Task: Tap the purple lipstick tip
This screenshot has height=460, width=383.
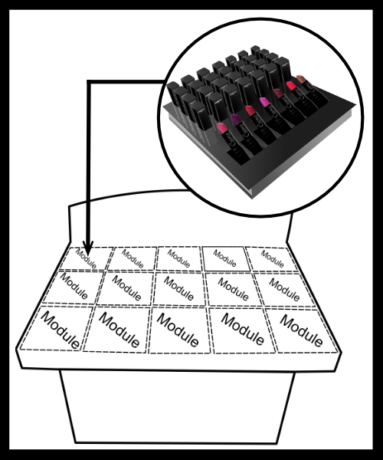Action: (x=235, y=119)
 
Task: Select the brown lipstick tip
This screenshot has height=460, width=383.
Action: (x=301, y=78)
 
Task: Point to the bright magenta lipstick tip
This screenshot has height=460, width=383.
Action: (x=265, y=102)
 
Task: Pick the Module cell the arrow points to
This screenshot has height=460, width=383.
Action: (x=87, y=258)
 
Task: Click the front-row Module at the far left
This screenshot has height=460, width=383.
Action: (x=54, y=328)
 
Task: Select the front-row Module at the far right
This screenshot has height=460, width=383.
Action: (x=301, y=330)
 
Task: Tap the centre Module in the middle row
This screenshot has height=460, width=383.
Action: (x=178, y=289)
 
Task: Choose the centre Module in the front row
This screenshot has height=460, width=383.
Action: (x=178, y=330)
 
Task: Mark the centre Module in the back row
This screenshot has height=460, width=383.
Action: (x=178, y=258)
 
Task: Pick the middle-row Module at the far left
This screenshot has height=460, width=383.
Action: (x=74, y=286)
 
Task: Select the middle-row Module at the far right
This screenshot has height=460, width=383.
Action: (x=284, y=290)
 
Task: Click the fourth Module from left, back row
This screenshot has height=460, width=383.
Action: (x=225, y=258)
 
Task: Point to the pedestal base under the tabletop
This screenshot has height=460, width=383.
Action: (x=177, y=406)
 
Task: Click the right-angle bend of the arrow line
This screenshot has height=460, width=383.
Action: (x=89, y=82)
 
